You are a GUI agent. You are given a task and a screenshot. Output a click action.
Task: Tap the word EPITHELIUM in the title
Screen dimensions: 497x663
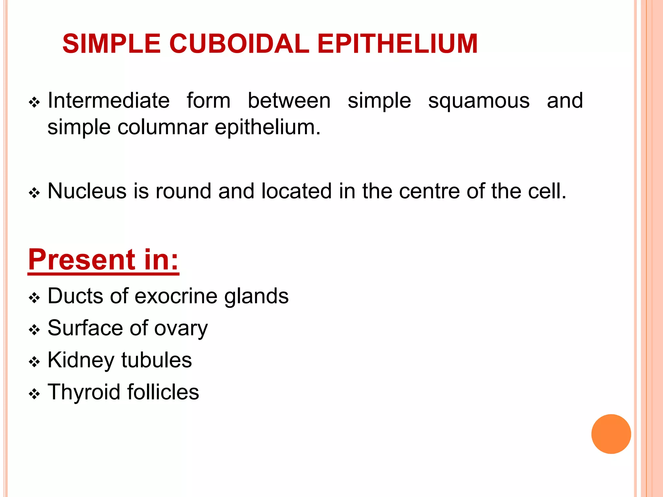tap(397, 44)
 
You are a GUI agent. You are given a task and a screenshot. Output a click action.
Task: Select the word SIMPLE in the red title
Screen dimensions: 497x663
tap(112, 44)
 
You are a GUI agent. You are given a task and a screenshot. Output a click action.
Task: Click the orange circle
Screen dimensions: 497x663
tap(611, 434)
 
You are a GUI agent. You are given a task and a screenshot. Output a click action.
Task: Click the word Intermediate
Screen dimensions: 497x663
tap(108, 100)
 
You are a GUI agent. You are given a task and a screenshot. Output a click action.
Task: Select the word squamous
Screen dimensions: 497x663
tap(479, 101)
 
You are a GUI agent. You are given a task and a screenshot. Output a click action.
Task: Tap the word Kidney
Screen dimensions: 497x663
tap(81, 360)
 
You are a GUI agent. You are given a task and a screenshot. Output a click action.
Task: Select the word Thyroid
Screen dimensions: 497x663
tap(84, 392)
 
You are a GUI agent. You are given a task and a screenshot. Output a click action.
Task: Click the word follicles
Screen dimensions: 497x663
tap(163, 392)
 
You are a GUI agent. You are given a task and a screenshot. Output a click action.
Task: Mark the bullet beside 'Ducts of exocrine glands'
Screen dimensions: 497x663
tap(34, 298)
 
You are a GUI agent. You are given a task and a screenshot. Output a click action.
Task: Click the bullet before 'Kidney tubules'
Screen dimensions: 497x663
tap(34, 362)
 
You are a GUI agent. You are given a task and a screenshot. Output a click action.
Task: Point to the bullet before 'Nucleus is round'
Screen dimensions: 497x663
tap(34, 193)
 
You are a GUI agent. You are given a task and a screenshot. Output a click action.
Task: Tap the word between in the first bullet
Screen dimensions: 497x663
tap(289, 100)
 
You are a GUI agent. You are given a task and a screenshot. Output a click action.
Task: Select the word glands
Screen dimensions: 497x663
tap(256, 296)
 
